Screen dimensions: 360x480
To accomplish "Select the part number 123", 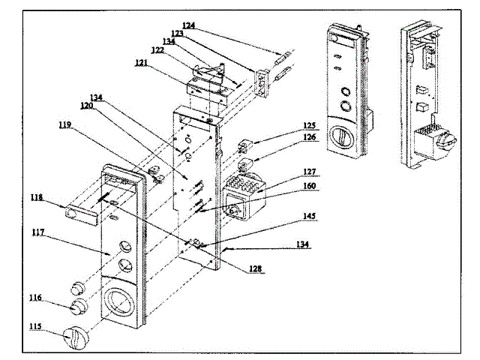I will point(178,34).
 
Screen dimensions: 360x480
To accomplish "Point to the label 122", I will point(157,49).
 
